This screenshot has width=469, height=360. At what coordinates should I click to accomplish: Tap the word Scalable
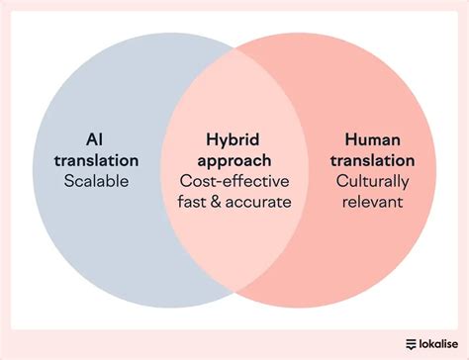point(97,181)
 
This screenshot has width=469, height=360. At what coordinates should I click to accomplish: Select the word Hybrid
point(234,139)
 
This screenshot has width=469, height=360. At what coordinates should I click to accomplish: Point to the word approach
point(234,160)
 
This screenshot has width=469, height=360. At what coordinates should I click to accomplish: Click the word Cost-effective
point(234,181)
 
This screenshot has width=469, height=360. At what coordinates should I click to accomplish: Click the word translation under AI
point(97,160)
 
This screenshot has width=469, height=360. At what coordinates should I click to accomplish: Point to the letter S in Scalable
point(69,181)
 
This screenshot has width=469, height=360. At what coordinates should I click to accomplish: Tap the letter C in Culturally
point(341,181)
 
